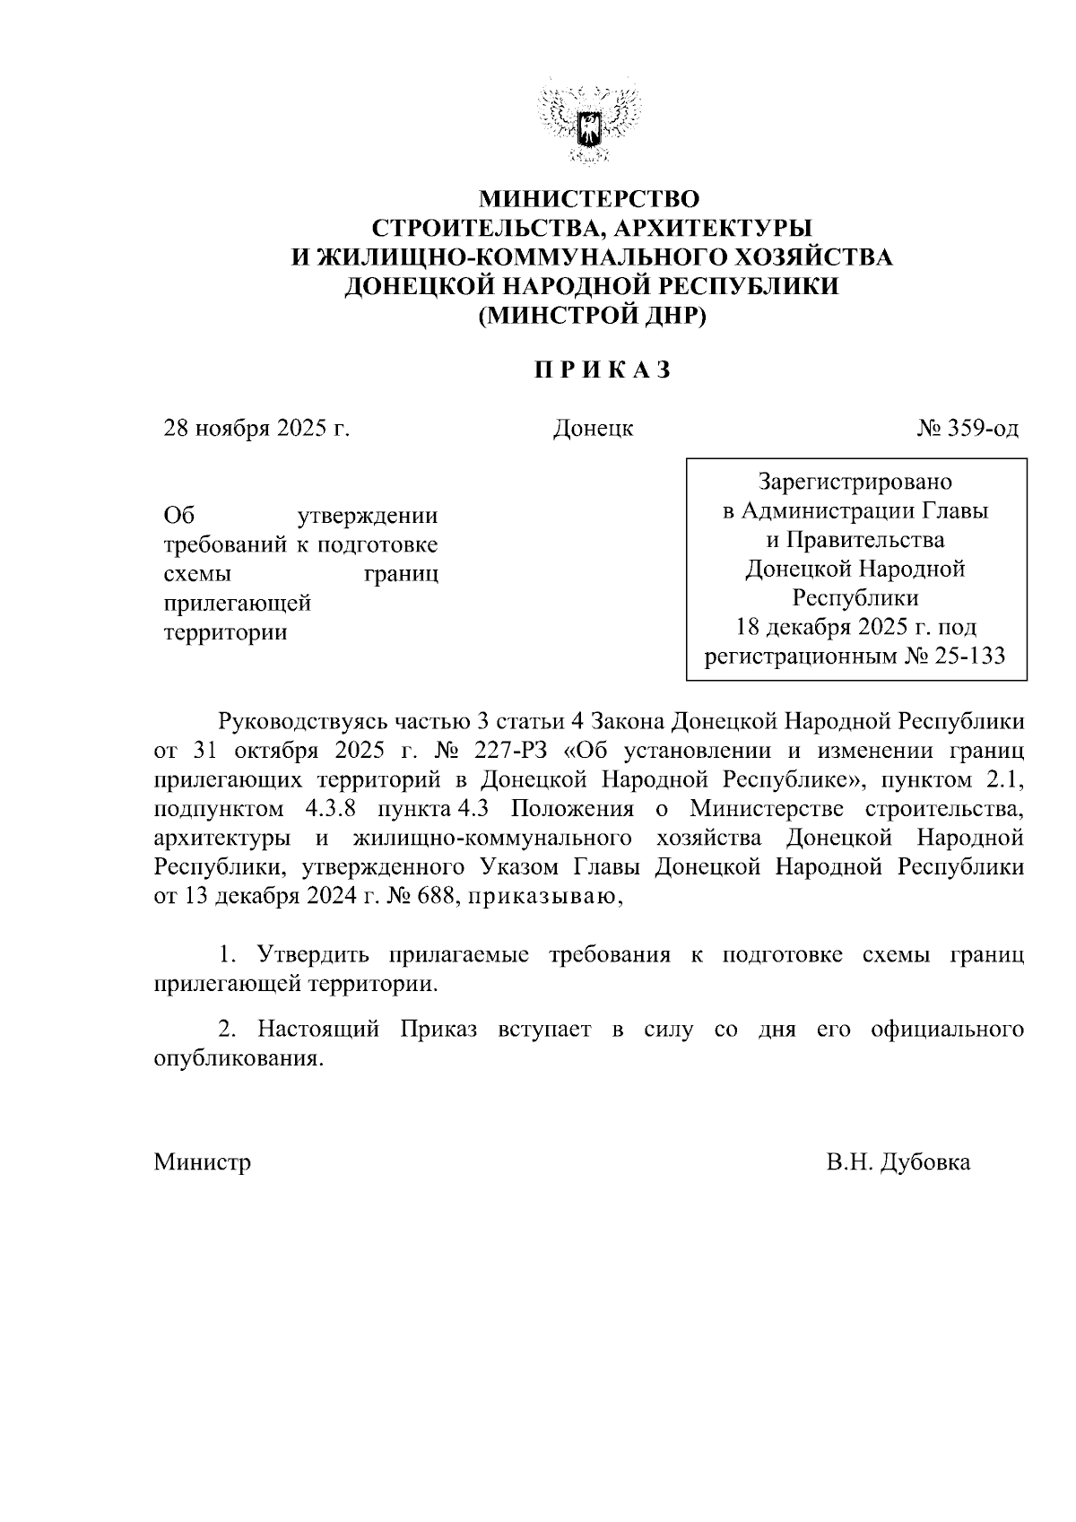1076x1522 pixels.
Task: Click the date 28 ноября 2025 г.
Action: click(x=256, y=429)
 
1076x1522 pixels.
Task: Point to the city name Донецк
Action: click(x=593, y=429)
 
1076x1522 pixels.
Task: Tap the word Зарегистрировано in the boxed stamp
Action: click(x=855, y=483)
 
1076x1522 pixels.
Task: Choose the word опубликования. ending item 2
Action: click(x=238, y=1058)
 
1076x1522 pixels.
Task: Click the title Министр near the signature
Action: click(x=203, y=1162)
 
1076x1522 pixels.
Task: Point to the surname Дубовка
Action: click(x=925, y=1162)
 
